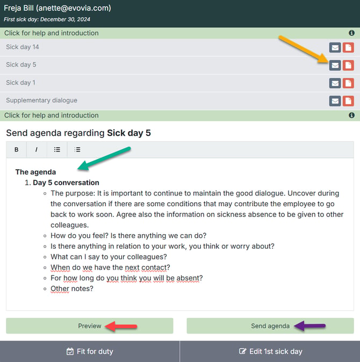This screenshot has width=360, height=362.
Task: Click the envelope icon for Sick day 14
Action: coord(335,48)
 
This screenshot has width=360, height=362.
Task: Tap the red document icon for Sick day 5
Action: coord(348,66)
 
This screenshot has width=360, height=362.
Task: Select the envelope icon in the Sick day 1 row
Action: coord(335,83)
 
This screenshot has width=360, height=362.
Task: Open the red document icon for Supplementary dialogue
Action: coord(348,101)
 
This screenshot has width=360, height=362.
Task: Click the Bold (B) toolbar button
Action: coord(17,150)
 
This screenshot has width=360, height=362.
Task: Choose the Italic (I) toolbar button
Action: coord(37,150)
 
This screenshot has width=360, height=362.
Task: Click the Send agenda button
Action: coord(270,326)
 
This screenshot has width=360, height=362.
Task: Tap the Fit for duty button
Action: coord(90,351)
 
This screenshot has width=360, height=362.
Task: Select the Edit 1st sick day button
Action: coord(270,351)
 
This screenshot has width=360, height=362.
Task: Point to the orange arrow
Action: coord(304,49)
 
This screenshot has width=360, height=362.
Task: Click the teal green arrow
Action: coord(104,158)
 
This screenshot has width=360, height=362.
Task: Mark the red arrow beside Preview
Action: coord(121,326)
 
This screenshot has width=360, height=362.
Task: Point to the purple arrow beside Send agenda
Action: coord(310,326)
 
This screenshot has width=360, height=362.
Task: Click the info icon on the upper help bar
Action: coord(351,33)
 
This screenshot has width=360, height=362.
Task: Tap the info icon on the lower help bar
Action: coord(351,115)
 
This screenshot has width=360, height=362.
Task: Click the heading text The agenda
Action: coord(35,172)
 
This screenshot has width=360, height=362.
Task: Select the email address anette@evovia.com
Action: coord(74,8)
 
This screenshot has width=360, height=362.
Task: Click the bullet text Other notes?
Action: coord(72,288)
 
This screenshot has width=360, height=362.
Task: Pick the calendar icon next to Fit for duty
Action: coord(70,351)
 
